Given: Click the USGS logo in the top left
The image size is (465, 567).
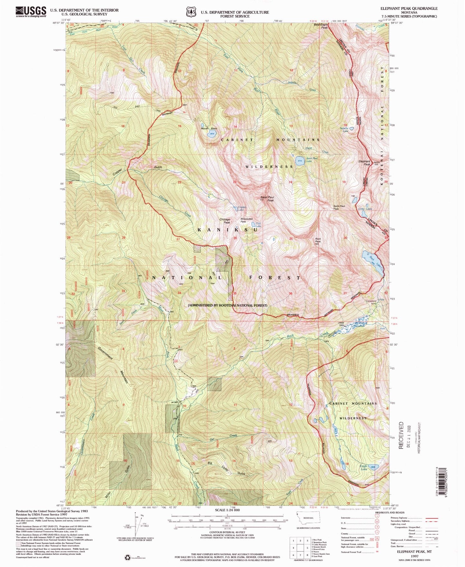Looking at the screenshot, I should tap(31, 12).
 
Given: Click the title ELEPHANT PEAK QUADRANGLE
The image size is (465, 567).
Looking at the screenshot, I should tap(409, 9).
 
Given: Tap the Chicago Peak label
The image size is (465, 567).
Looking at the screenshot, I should tap(225, 221).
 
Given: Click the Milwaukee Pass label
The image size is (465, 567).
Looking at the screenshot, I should tap(247, 220).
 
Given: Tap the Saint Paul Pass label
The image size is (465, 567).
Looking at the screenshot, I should tap(340, 207).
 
